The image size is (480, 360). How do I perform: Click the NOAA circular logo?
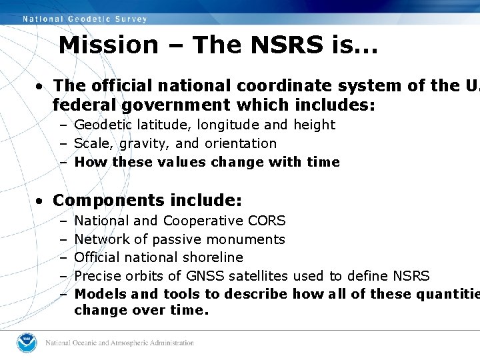pyautogui.click(x=28, y=343)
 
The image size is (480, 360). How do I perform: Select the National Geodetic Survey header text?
pyautogui.click(x=85, y=19)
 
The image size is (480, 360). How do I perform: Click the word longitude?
pyautogui.click(x=209, y=125)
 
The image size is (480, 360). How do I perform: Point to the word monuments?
pyautogui.click(x=252, y=239)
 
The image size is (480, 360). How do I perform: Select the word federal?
pyautogui.click(x=81, y=105)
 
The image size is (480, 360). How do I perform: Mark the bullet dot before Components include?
pyautogui.click(x=41, y=201)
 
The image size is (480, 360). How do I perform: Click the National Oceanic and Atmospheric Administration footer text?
pyautogui.click(x=120, y=343)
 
